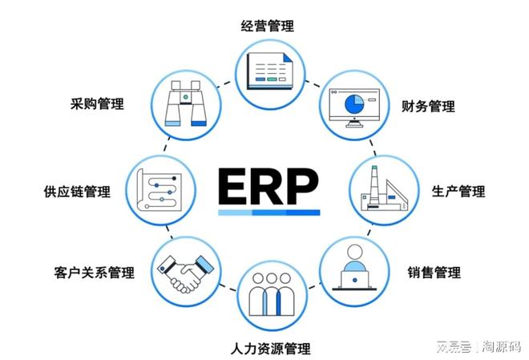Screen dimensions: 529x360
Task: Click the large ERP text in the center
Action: click(269, 186)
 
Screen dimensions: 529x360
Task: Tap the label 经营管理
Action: click(267, 26)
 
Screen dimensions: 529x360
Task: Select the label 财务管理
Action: click(428, 107)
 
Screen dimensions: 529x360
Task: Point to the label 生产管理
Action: click(458, 192)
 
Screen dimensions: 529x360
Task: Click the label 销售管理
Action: click(434, 272)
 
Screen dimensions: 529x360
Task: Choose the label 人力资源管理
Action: click(271, 348)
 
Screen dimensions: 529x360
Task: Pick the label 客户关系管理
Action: click(94, 273)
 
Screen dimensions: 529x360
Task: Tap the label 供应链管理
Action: click(77, 192)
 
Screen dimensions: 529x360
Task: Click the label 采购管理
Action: click(97, 103)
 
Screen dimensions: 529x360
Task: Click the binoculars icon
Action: click(186, 103)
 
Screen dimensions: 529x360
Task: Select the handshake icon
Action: click(185, 273)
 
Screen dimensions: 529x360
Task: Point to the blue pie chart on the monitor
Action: click(354, 104)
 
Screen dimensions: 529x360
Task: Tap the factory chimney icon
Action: click(384, 188)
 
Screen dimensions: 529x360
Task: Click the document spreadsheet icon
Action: click(269, 71)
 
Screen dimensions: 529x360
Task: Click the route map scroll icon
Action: click(159, 190)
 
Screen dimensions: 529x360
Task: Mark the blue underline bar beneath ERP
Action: click(269, 212)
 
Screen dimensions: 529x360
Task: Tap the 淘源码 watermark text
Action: click(501, 346)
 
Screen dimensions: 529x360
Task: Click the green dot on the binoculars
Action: click(186, 97)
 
